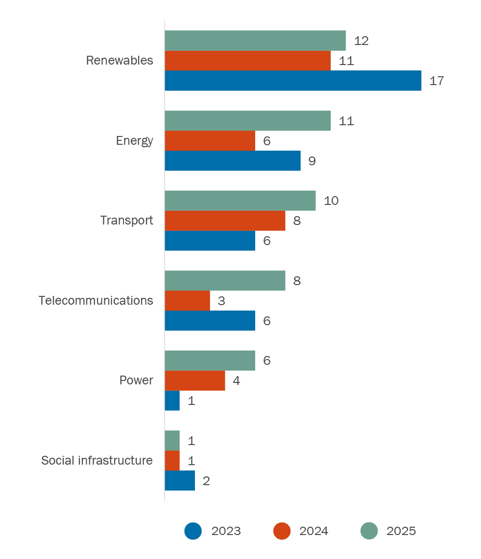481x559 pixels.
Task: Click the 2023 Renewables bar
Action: point(293,81)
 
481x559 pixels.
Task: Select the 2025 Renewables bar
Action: point(255,41)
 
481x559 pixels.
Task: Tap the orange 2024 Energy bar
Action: point(210,141)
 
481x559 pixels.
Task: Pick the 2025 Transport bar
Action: point(240,201)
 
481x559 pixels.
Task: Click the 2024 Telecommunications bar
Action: point(187,301)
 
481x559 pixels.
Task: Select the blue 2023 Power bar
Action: point(172,401)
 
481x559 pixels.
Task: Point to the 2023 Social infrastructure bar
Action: point(180,481)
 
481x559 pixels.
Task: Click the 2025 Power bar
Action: point(210,360)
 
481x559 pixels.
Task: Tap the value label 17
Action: point(436,81)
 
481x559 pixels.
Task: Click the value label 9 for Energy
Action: point(312,161)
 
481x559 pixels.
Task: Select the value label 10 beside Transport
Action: point(331,201)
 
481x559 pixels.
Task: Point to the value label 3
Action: point(221,301)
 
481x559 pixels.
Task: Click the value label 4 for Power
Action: point(237,381)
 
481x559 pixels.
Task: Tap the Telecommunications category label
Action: point(96,300)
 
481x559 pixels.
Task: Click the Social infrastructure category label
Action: point(97,461)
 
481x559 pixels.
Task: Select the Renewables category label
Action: point(120,61)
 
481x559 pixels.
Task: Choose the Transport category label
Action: point(127,221)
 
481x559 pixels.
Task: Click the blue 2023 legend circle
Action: point(193,531)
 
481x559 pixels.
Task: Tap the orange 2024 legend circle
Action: point(282,531)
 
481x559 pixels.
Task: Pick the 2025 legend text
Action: point(401,531)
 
